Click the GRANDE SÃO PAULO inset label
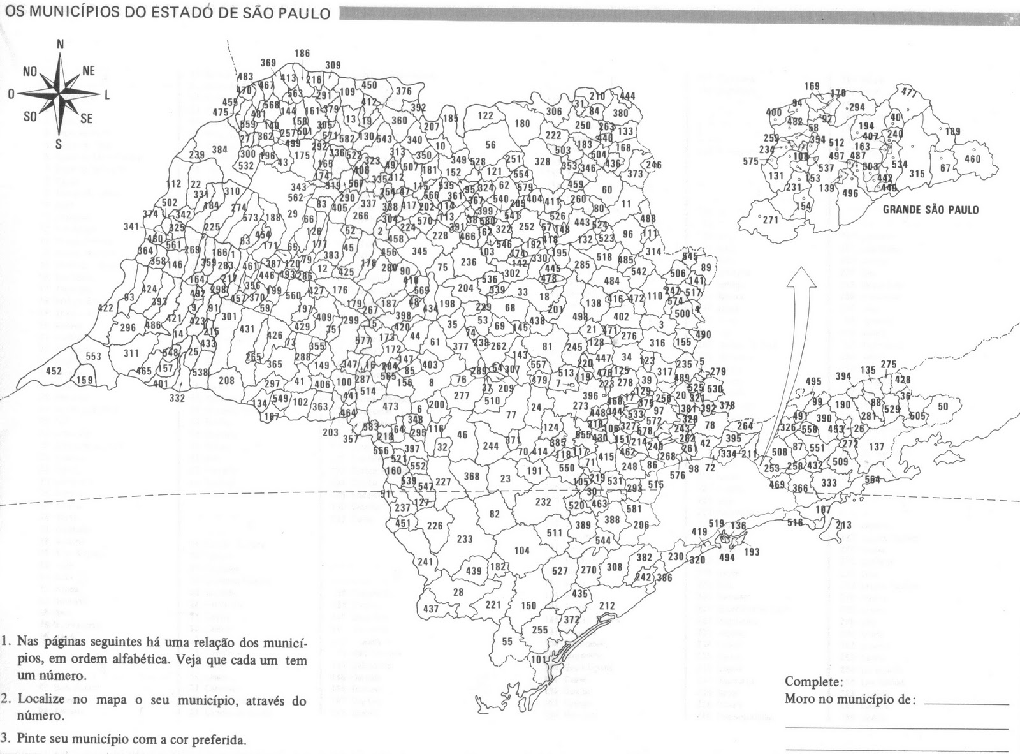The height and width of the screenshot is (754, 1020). coord(931,209)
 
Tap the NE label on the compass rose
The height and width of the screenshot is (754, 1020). coord(88,71)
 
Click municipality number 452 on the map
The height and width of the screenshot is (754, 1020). coord(54,371)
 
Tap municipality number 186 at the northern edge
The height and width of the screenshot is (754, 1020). coord(302,54)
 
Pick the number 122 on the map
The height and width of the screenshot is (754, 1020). coord(485,115)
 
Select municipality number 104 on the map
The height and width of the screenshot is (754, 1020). coord(521,551)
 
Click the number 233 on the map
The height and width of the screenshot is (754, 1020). coord(465,539)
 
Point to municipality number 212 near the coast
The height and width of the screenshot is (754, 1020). coord(607,605)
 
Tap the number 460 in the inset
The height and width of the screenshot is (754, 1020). coord(973,159)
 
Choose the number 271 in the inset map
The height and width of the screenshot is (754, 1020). coord(771,219)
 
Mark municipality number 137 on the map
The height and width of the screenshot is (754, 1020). coord(877,447)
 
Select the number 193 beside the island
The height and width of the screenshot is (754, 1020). coord(752,552)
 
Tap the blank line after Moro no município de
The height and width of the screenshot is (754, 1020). coord(966,703)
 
